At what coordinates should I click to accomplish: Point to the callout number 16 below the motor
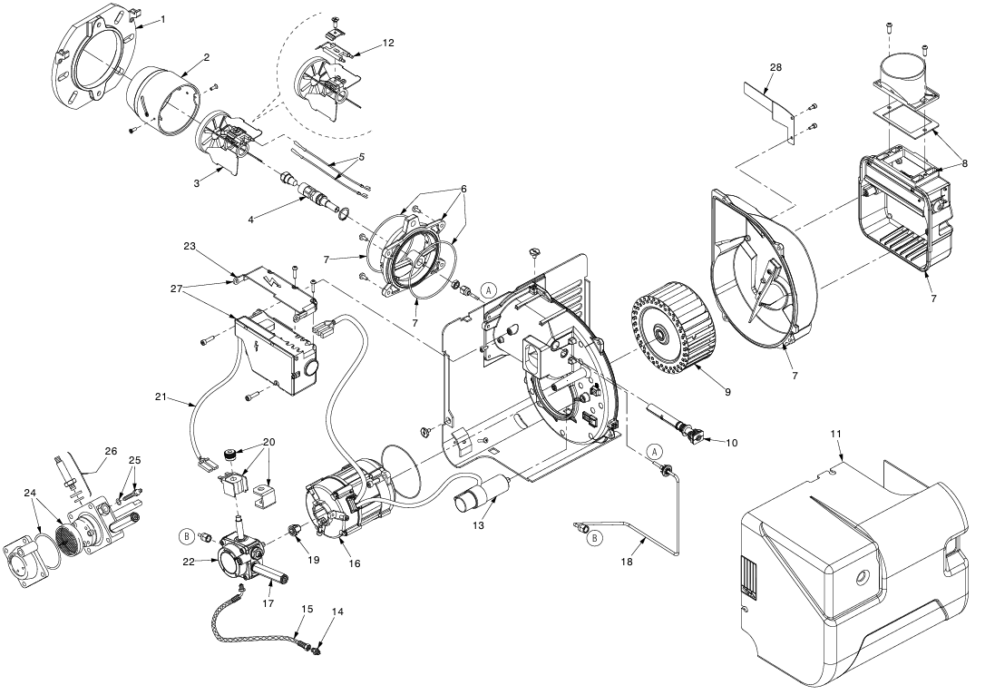click(x=353, y=563)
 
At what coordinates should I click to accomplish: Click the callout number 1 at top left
click(x=162, y=19)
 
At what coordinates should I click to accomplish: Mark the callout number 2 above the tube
click(x=206, y=57)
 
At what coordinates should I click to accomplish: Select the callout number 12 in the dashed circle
click(x=388, y=43)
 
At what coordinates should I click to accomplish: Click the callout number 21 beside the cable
click(x=160, y=396)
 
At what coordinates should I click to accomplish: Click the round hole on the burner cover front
click(x=859, y=575)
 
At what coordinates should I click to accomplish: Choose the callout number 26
click(x=111, y=450)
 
